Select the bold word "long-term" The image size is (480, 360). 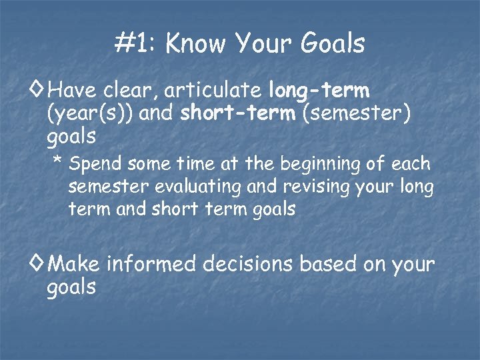click(319, 89)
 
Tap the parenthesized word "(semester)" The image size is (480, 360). click(356, 113)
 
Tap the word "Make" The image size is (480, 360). click(74, 264)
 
